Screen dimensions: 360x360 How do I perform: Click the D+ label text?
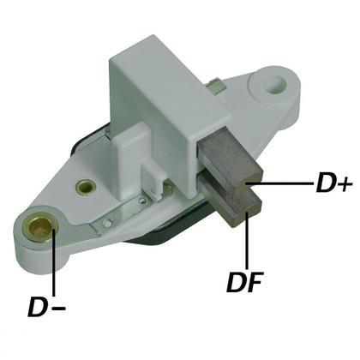333,183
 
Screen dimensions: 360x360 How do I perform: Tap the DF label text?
244,282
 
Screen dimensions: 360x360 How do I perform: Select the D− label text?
47,307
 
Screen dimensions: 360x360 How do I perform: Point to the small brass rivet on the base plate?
85,187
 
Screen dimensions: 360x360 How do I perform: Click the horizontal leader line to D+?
280,183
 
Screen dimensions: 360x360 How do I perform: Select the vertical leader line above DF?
246,239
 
